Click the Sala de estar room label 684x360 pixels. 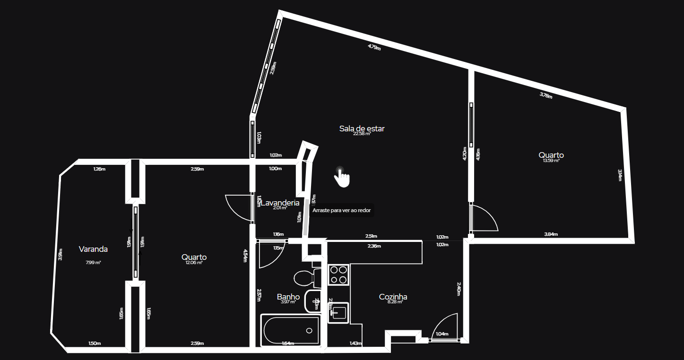point(362,129)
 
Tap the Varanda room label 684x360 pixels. point(93,249)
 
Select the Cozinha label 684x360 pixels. point(393,297)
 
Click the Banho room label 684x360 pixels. point(288,297)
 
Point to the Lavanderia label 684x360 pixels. point(280,203)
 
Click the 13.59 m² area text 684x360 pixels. point(551,161)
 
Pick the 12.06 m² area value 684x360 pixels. point(194,263)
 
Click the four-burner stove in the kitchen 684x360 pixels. point(339,275)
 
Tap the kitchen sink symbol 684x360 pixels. point(338,312)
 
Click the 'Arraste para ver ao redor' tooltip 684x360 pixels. point(341,210)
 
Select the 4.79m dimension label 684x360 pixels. point(374,47)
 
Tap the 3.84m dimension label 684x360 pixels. point(551,234)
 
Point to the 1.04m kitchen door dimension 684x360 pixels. point(442,334)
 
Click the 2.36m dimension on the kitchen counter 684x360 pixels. point(374,246)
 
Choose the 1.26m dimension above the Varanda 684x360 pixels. point(99,169)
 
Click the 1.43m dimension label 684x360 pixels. point(355,343)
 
